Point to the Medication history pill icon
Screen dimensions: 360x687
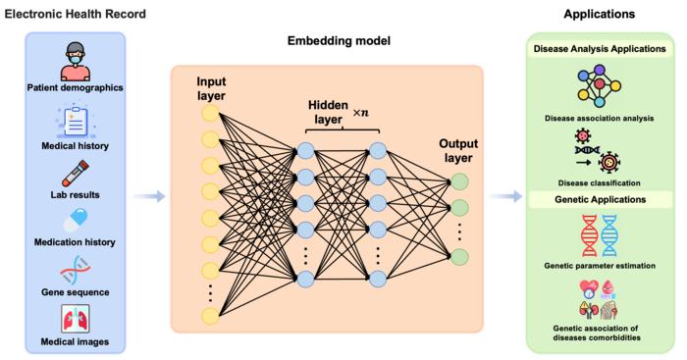coord(75,219)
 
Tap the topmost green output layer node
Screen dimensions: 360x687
coord(459,181)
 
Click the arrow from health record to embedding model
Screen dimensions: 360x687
coord(148,197)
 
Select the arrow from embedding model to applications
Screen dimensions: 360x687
coord(507,197)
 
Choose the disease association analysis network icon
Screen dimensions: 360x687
coord(601,88)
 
